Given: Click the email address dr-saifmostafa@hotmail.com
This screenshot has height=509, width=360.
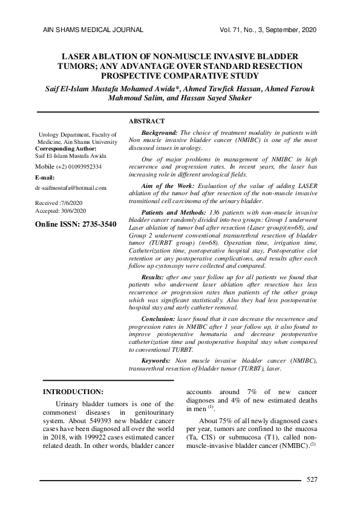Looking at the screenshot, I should pos(71,188).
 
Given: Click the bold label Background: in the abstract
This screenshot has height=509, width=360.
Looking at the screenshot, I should pos(159,132).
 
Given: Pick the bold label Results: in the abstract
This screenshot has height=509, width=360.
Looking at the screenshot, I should pos(155,277).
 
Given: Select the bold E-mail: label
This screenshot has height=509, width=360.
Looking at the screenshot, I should pos(45,177).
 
